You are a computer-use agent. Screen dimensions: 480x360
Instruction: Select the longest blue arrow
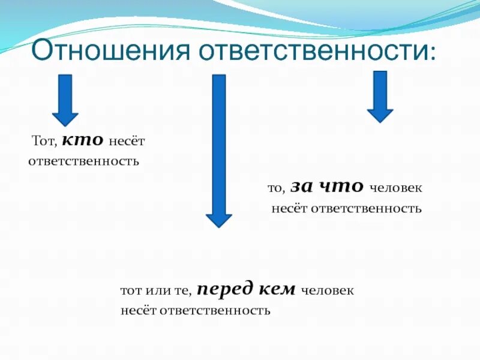pyautogui.click(x=219, y=150)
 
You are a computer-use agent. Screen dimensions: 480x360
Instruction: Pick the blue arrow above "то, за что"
pyautogui.click(x=380, y=96)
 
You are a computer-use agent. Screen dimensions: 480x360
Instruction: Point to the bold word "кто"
pyautogui.click(x=83, y=140)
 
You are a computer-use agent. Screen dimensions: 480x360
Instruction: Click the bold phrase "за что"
pyautogui.click(x=326, y=187)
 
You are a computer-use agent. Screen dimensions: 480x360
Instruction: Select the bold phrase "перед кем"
pyautogui.click(x=246, y=290)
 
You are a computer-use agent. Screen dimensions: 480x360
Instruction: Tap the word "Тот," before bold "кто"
pyautogui.click(x=44, y=141)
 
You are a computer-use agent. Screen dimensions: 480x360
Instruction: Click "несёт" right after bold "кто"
pyautogui.click(x=127, y=141)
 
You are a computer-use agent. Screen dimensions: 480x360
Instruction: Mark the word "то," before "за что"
pyautogui.click(x=275, y=188)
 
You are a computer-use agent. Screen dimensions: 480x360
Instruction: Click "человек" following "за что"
pyautogui.click(x=395, y=188)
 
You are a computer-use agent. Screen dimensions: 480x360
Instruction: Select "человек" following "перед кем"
pyautogui.click(x=327, y=291)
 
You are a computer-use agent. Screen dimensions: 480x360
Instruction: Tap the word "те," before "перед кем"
pyautogui.click(x=182, y=291)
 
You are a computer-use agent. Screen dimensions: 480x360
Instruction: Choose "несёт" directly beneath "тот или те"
pyautogui.click(x=137, y=311)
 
